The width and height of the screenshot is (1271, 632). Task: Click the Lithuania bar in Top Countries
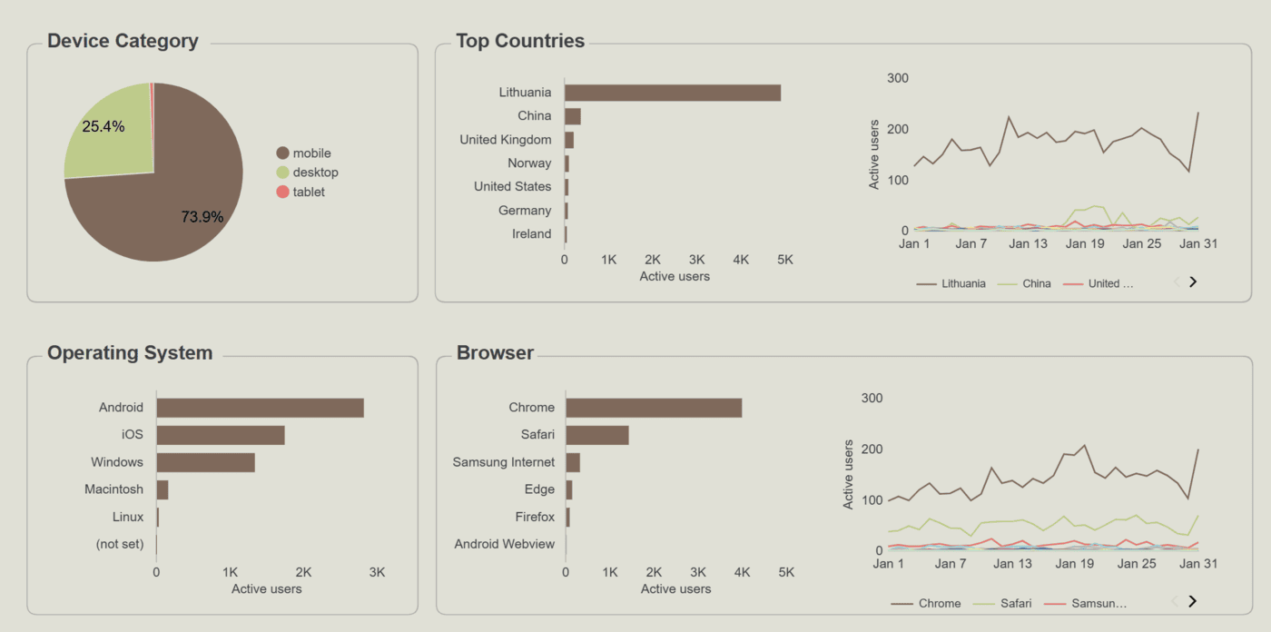pos(672,93)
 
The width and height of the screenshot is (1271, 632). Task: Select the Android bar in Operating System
pos(260,408)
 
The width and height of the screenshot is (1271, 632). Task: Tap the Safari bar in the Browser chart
pos(596,435)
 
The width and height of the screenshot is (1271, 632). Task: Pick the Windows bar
pos(205,462)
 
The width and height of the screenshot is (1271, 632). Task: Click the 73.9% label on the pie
pos(202,217)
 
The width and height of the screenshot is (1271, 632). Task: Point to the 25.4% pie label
pos(103,127)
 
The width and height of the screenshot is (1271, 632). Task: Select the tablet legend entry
pos(308,192)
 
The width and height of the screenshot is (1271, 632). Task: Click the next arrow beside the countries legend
pos(1193,281)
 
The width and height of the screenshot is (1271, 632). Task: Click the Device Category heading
pos(123,41)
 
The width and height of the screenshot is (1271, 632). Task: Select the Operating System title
pos(130,353)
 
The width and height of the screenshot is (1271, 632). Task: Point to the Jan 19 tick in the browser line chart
pos(1075,564)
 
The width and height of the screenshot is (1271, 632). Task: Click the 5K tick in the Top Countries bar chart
pos(785,260)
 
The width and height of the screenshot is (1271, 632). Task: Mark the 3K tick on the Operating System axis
pos(378,573)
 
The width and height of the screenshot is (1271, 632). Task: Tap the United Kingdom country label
pos(505,140)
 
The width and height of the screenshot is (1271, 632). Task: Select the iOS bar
pos(221,435)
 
